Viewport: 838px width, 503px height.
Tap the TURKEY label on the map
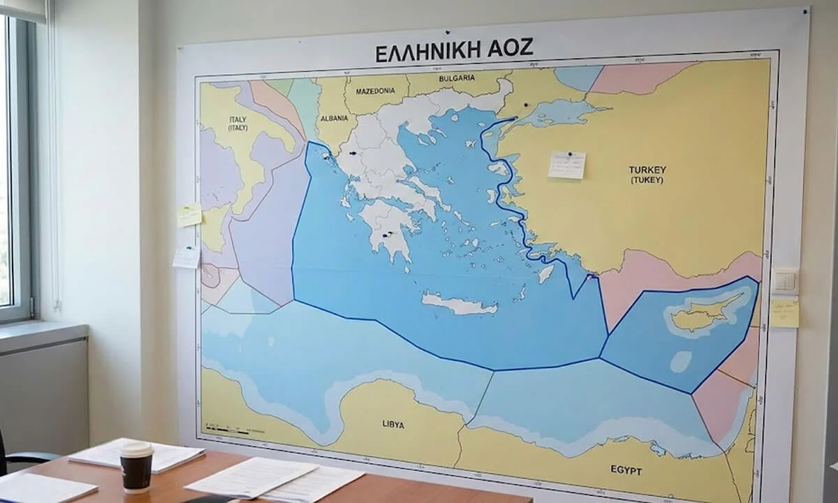(x=647, y=170)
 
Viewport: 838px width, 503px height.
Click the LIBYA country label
(x=393, y=424)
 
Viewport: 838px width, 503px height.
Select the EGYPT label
(x=625, y=471)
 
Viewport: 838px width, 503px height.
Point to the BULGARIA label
(x=457, y=78)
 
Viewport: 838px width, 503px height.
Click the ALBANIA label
(x=334, y=119)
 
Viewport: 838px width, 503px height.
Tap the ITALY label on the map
(x=238, y=119)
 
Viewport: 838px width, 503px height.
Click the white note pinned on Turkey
(x=566, y=166)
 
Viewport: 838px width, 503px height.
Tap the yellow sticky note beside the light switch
(x=784, y=313)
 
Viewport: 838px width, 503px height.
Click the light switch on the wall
(x=785, y=282)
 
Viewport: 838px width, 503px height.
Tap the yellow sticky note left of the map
(x=189, y=215)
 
